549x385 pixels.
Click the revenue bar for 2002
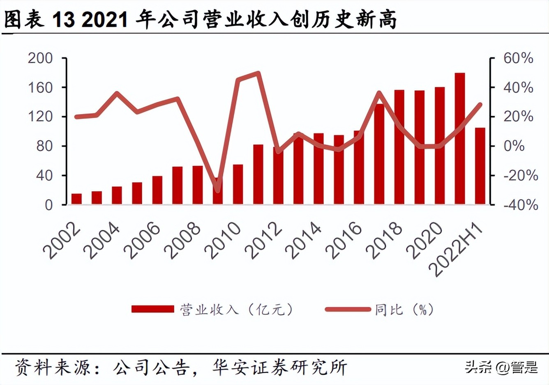tap(76, 199)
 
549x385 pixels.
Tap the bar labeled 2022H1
tap(480, 166)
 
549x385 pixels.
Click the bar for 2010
tap(238, 184)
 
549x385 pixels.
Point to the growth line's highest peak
tap(258, 73)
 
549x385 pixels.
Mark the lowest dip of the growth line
tap(218, 190)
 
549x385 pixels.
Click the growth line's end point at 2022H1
tap(480, 105)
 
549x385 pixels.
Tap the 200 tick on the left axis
tap(40, 58)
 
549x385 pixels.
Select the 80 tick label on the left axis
tap(44, 146)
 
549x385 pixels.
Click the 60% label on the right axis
tap(518, 58)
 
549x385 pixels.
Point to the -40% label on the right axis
tap(521, 205)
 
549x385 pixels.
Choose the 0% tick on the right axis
tap(514, 146)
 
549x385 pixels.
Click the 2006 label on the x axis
tap(144, 241)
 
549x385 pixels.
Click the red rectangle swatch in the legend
tap(152, 309)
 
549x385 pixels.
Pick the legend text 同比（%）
tap(404, 309)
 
